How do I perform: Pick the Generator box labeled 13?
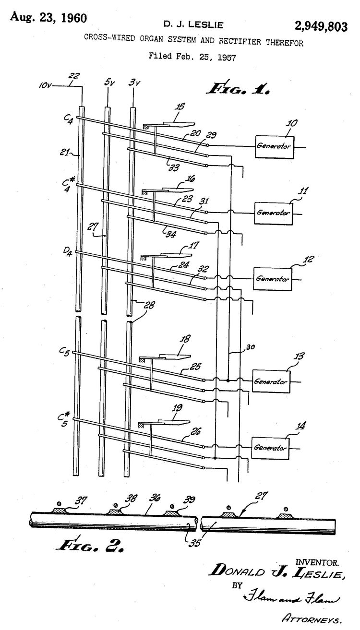[x=271, y=382]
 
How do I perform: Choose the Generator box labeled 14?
[x=271, y=448]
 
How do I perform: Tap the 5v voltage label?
[x=109, y=82]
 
